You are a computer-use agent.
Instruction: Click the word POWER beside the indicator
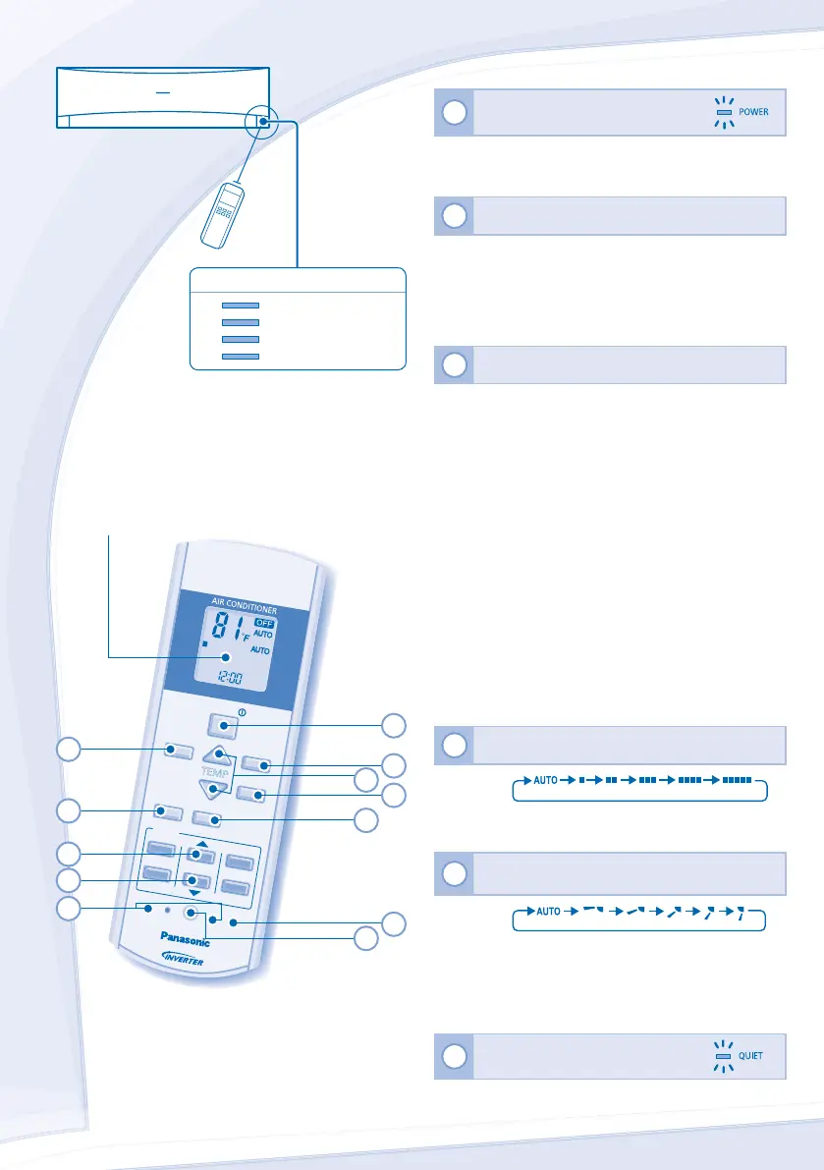coord(753,113)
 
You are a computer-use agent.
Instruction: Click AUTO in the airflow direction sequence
coord(548,911)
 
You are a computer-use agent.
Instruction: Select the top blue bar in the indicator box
coord(241,306)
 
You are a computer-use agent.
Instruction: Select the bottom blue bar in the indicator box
coord(241,354)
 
